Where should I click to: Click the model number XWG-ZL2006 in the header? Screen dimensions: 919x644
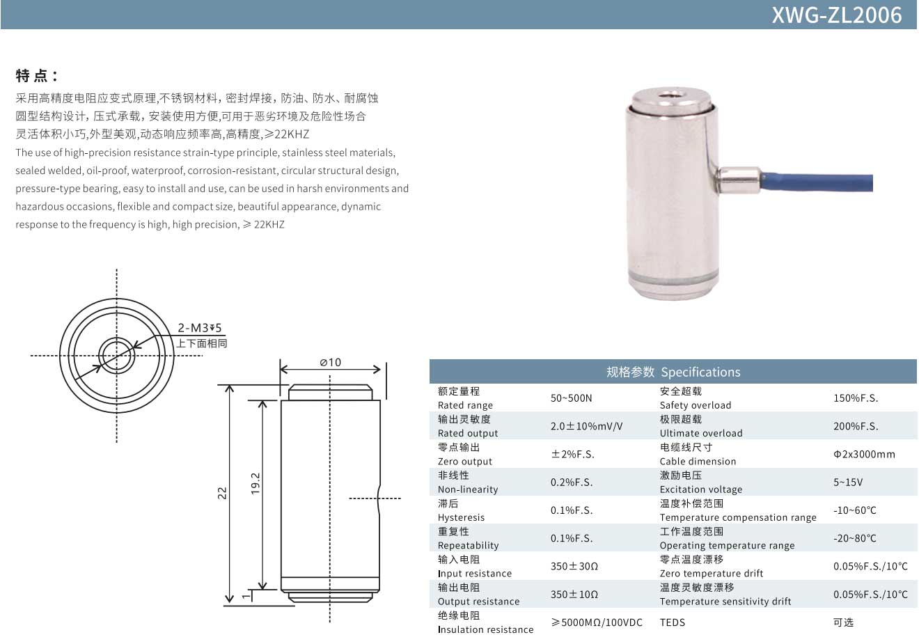pyautogui.click(x=837, y=15)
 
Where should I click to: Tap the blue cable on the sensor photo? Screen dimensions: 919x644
pyautogui.click(x=817, y=182)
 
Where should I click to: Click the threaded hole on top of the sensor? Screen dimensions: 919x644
pyautogui.click(x=673, y=97)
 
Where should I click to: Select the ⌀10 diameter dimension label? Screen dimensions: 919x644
pyautogui.click(x=330, y=362)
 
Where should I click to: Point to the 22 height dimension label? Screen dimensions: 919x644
pyautogui.click(x=222, y=493)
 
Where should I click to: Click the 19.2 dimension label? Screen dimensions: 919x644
pyautogui.click(x=256, y=483)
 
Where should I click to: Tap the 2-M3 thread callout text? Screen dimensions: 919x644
pyautogui.click(x=199, y=328)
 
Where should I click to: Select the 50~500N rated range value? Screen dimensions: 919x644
pyautogui.click(x=571, y=398)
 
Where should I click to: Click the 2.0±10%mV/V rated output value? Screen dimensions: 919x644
pyautogui.click(x=586, y=426)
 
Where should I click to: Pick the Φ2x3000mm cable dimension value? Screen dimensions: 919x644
pyautogui.click(x=864, y=454)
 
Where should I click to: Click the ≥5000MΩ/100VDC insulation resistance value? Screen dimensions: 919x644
pyautogui.click(x=597, y=622)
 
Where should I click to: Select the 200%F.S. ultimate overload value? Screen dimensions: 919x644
pyautogui.click(x=856, y=426)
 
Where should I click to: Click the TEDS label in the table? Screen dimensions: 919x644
pyautogui.click(x=673, y=622)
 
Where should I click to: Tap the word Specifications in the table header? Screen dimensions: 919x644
pyautogui.click(x=700, y=372)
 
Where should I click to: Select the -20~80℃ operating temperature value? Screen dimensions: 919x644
pyautogui.click(x=854, y=538)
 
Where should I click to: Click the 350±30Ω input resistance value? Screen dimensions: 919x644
pyautogui.click(x=574, y=566)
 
